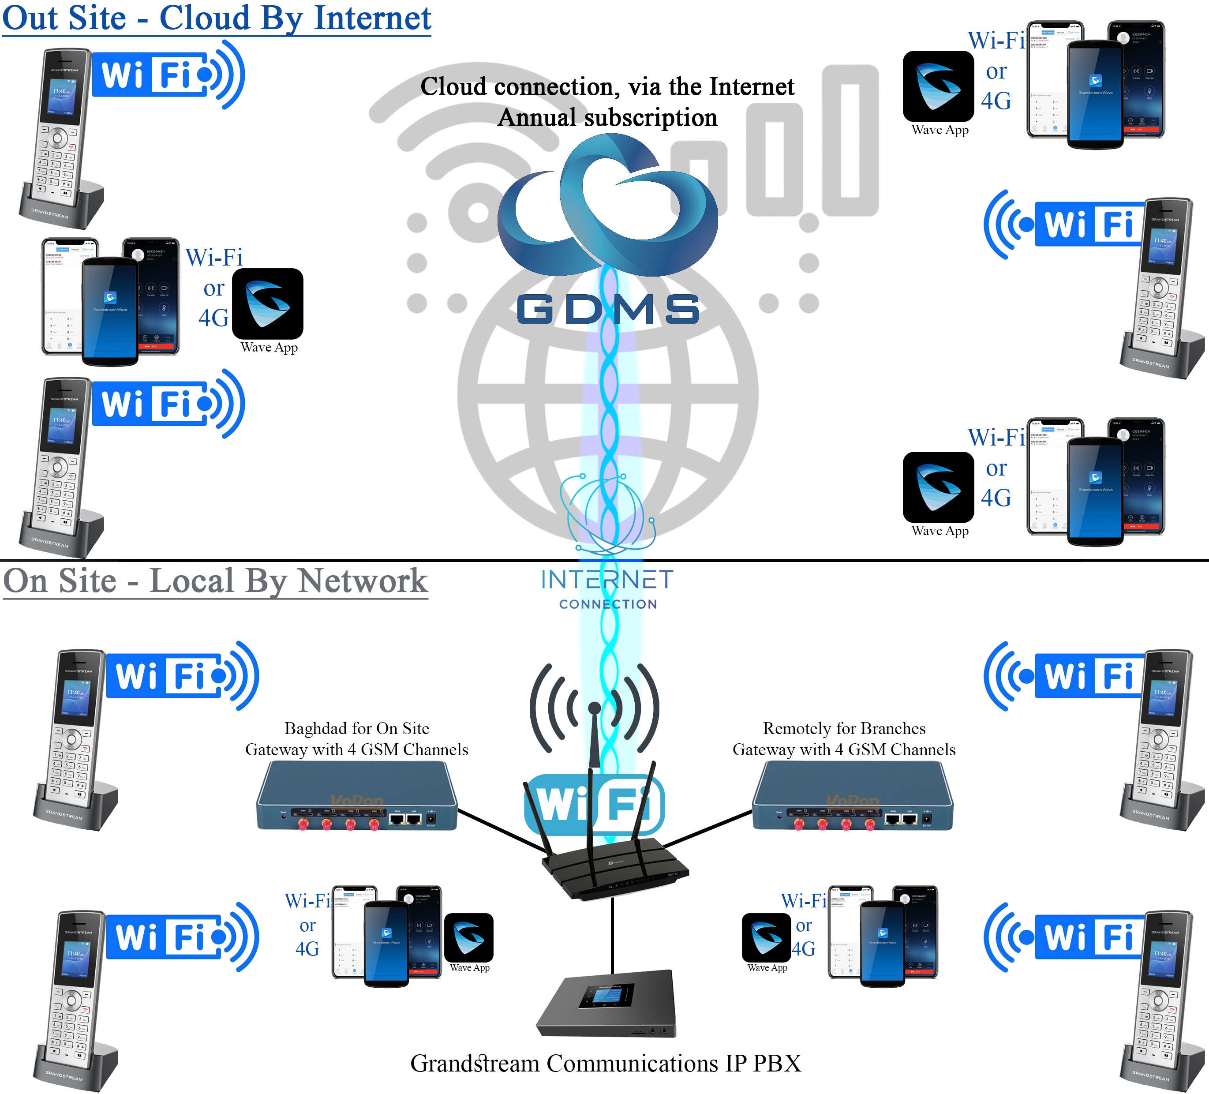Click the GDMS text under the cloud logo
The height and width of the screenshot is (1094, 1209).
pyautogui.click(x=607, y=310)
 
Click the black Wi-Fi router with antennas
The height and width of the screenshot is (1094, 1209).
pyautogui.click(x=615, y=869)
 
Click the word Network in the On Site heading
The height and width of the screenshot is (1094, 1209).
pyautogui.click(x=363, y=581)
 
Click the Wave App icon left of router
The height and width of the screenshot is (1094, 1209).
pyautogui.click(x=469, y=937)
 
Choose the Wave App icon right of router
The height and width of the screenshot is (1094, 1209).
pyautogui.click(x=766, y=937)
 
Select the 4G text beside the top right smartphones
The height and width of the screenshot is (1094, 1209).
pyautogui.click(x=996, y=101)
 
